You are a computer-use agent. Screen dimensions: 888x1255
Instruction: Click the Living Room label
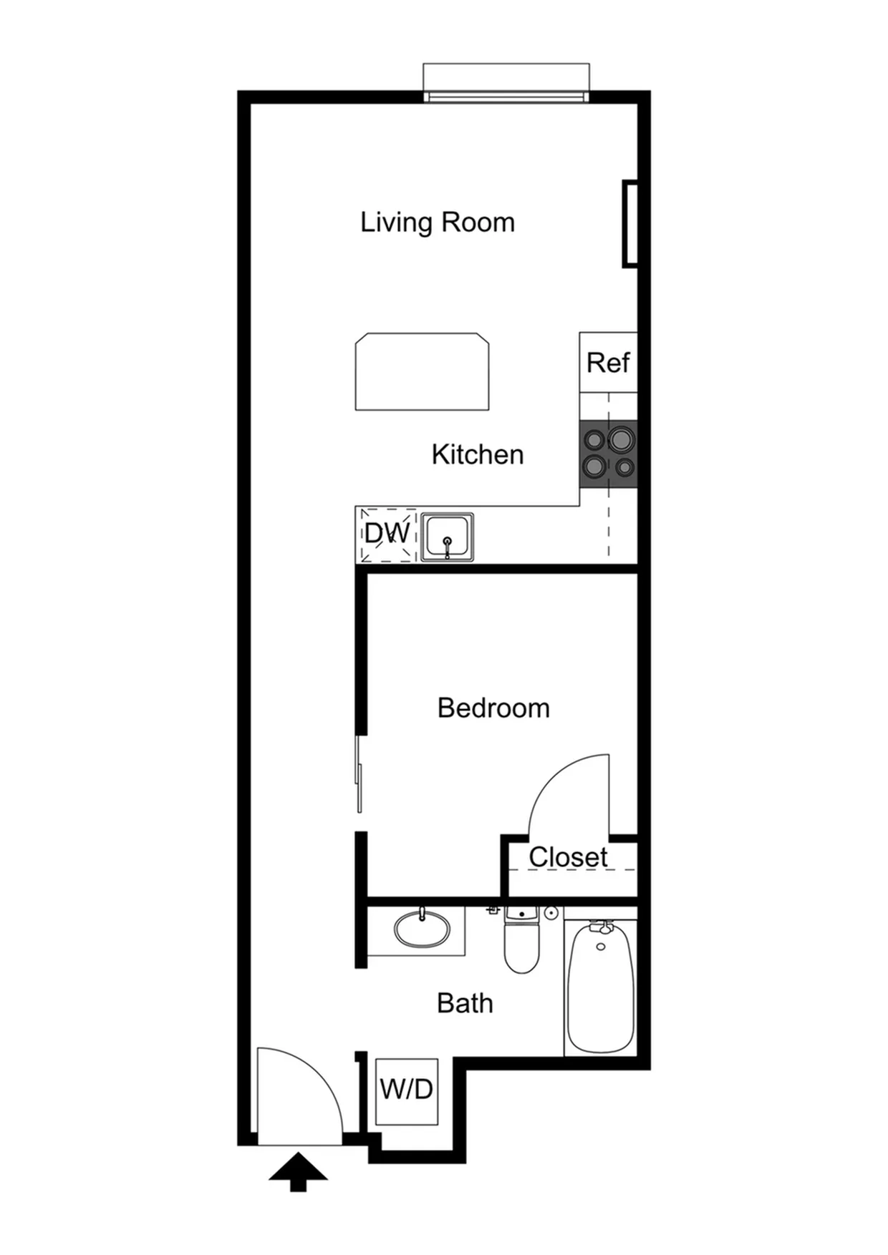point(438,223)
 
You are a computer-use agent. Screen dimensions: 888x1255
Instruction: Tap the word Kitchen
point(478,454)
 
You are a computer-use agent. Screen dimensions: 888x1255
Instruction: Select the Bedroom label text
point(493,708)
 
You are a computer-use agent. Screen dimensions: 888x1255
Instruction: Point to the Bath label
point(465,1003)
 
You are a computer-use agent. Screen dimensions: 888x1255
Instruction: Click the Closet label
point(568,856)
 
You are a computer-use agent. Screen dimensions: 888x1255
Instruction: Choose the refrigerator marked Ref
point(608,362)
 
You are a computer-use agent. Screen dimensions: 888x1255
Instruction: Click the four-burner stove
point(608,454)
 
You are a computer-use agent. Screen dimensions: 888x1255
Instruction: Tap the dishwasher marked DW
point(387,534)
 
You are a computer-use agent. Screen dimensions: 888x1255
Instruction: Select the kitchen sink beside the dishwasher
point(447,537)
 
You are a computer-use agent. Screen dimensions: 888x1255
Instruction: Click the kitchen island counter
point(422,371)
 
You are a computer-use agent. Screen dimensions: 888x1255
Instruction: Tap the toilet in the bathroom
point(521,940)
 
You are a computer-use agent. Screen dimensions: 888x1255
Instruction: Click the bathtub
point(600,986)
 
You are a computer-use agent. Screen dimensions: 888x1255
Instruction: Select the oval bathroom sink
point(422,929)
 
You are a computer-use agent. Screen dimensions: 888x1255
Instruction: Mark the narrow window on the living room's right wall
point(630,225)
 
